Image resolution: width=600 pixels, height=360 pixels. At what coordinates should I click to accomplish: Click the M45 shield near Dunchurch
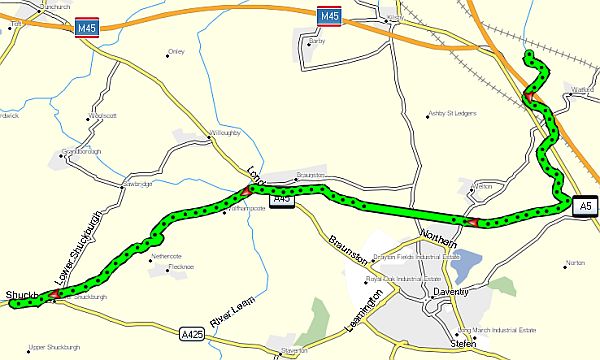pyautogui.click(x=87, y=31)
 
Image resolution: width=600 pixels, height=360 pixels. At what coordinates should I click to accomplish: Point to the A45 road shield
pyautogui.click(x=281, y=200)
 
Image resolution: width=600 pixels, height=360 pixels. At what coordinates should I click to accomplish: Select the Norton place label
pyautogui.click(x=574, y=262)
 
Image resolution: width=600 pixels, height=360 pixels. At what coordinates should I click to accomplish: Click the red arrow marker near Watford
pyautogui.click(x=529, y=97)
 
